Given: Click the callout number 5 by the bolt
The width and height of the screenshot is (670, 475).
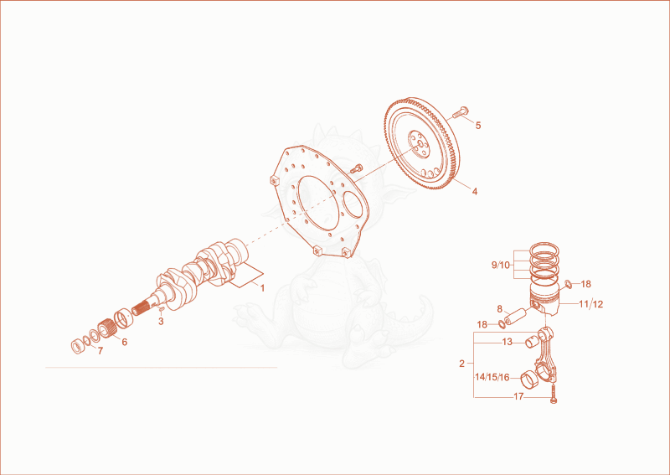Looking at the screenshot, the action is point(478,126).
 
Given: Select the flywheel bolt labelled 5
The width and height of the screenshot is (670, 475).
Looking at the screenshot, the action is point(460,111).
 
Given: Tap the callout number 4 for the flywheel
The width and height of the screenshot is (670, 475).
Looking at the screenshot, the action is point(475,192).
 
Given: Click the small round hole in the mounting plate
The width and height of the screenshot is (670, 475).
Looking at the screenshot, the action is point(353,204).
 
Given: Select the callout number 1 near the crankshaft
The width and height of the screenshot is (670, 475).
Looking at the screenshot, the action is point(262,288).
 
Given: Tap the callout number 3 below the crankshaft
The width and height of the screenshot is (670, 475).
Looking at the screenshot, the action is point(161,322).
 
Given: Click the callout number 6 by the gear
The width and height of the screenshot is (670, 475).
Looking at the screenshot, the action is point(124,342).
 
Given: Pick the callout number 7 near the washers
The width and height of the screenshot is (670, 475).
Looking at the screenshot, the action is point(100,351).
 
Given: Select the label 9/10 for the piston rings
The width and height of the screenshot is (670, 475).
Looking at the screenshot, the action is point(500,265).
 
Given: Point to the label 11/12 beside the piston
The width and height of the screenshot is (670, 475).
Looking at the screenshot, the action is point(591,304).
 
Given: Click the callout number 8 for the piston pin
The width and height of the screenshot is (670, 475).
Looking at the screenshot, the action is point(499,308).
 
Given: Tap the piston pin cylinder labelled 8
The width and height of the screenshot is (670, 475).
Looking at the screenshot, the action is point(516,316).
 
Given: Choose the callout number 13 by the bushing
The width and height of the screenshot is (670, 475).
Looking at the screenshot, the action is point(508,342).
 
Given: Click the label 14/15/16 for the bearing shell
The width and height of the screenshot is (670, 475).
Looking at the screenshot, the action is point(492,377).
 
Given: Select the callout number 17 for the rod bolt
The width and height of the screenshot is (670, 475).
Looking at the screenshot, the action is point(518,397).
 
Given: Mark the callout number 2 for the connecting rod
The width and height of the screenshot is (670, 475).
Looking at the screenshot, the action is point(461,364).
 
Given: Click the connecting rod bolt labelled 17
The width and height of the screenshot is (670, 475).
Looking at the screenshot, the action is point(554,394).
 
